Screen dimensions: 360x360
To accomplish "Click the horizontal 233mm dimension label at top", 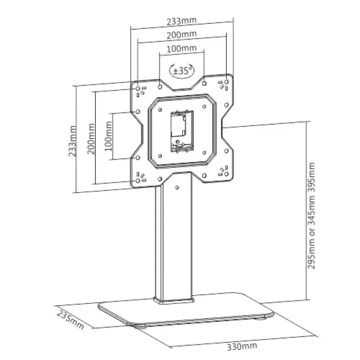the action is pos(182,21).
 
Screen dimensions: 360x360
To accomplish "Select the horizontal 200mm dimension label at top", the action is pos(182,35).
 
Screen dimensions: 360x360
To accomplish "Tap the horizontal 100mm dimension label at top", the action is pos(182,49).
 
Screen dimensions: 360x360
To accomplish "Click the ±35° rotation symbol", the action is pos(182,71).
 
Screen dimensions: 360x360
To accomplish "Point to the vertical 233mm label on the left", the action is pos(72,141).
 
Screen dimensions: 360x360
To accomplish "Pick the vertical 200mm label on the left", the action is pos(91,139).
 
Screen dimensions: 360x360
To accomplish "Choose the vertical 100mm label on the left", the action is pos(108,136).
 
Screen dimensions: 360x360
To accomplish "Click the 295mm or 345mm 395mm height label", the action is pos(311,216).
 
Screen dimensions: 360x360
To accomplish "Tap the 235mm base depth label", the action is pos(70,320).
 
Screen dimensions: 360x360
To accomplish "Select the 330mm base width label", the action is pos(242,346).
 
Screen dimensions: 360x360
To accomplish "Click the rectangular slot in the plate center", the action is pos(182,131).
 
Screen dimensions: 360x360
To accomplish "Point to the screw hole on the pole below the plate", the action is pos(177,188).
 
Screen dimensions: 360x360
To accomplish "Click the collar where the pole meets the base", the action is pos(174,301).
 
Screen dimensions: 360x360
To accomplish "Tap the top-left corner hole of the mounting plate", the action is pos(138,88).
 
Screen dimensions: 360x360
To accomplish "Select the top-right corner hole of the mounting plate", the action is pos(226,82).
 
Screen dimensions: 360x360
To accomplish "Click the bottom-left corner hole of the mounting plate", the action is pos(138,181).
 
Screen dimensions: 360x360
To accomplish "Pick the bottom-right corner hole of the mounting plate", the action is pos(226,174).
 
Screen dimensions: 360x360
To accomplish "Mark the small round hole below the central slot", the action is pos(177,142).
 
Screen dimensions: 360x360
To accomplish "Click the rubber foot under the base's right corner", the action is pos(261,319).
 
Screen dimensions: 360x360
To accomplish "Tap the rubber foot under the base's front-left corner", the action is pos(140,327).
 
